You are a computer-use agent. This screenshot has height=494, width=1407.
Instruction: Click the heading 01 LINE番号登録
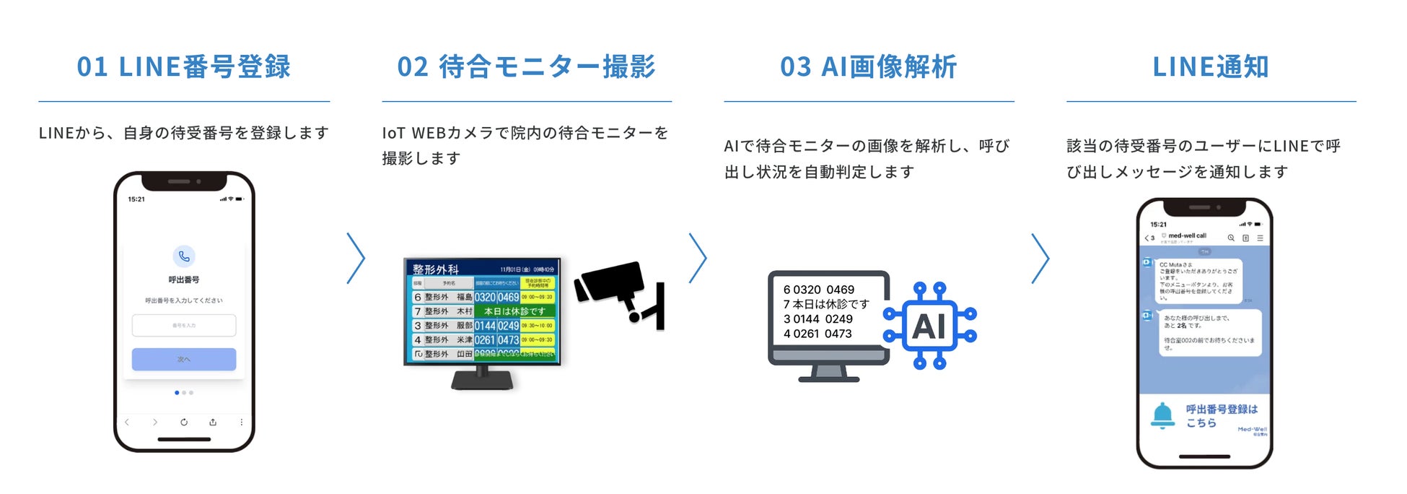183,67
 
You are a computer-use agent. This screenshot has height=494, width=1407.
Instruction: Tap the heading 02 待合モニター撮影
526,67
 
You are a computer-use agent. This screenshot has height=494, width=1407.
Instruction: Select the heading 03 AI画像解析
868,67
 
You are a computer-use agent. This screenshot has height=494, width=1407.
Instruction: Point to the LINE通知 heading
1210,67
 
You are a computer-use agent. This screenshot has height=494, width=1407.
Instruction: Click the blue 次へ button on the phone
184,359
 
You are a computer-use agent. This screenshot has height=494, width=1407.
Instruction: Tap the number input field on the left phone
184,325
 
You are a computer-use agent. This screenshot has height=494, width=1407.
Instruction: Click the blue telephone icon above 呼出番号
184,256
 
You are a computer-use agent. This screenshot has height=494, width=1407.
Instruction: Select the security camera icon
618,292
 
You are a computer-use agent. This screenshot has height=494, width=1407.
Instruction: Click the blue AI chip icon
929,326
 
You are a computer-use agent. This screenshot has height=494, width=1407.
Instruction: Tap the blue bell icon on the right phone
1162,415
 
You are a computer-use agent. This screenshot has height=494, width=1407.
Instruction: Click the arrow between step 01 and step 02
356,258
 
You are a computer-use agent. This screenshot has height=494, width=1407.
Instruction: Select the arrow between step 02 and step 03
698,258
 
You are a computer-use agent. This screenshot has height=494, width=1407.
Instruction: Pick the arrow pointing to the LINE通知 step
1040,258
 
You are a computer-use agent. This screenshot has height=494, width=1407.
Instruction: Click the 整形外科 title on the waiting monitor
435,269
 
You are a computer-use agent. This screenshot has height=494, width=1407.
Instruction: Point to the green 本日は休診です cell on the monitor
514,311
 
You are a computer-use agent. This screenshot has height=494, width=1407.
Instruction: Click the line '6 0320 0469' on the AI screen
819,290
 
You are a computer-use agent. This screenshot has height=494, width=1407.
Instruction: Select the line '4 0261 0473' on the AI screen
818,334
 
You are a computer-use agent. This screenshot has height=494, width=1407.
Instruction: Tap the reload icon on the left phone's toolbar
184,422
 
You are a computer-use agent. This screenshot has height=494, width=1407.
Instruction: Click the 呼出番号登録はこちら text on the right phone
1221,415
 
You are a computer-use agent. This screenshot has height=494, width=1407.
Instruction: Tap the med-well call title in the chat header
1187,235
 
